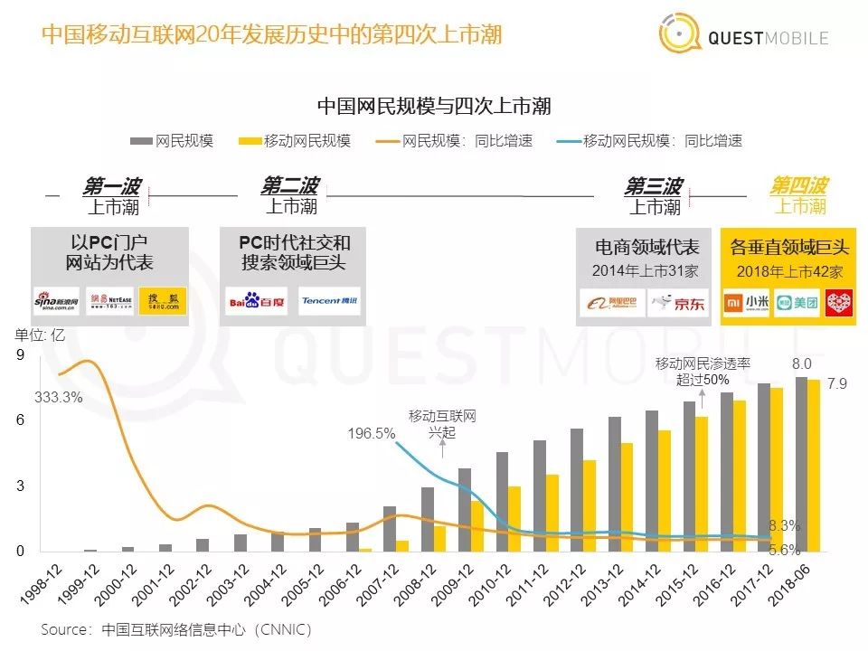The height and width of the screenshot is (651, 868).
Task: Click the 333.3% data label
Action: (x=59, y=397)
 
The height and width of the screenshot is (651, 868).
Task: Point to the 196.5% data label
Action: (x=372, y=433)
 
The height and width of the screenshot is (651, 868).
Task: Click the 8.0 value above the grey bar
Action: (x=801, y=363)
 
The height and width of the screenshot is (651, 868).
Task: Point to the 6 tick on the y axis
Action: (x=20, y=421)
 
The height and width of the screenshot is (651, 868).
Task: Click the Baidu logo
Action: (x=256, y=301)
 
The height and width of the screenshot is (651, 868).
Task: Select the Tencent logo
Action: (x=330, y=301)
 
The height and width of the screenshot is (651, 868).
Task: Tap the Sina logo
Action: (x=57, y=300)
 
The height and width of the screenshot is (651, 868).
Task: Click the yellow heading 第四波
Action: (x=798, y=186)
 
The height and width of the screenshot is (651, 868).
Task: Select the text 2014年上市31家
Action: (x=646, y=270)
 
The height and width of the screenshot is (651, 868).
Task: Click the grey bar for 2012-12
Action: (x=577, y=490)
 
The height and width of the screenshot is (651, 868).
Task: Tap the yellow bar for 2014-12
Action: (x=664, y=491)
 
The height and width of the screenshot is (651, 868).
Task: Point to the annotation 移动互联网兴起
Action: (x=443, y=424)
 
